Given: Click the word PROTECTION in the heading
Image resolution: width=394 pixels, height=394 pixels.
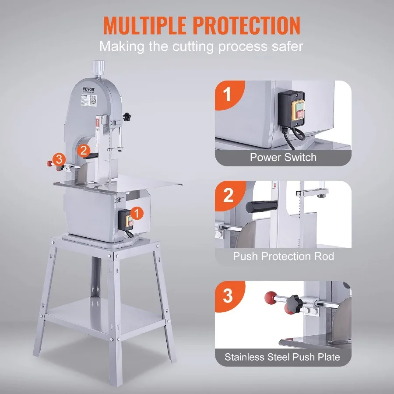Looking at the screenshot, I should (x=249, y=26).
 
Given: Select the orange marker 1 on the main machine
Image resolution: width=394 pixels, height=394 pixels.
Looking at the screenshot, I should (x=137, y=213).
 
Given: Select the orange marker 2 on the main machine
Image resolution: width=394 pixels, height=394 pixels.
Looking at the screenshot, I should (x=84, y=150).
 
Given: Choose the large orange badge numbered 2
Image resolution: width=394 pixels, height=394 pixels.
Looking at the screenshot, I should (x=228, y=196).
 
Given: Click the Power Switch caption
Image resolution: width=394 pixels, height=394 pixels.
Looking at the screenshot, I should (x=283, y=158).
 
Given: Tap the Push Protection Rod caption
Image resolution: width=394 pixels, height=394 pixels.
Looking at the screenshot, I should (x=283, y=256).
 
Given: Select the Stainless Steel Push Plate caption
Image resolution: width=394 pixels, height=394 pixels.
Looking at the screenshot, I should (x=282, y=357).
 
